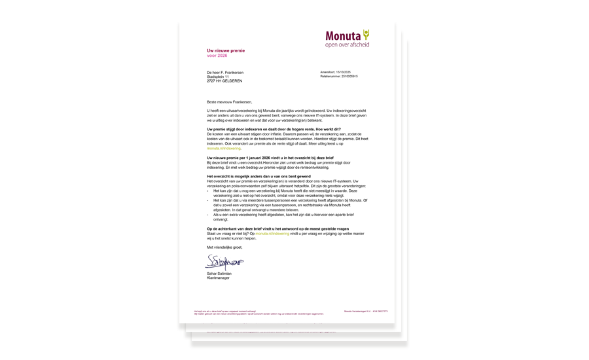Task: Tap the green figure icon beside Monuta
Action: (366, 34)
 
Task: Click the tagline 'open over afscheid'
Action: (347, 45)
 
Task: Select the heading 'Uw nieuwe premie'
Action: (226, 50)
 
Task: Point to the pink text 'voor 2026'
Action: (217, 56)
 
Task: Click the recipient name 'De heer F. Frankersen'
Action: (225, 73)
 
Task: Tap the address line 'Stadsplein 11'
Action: (218, 77)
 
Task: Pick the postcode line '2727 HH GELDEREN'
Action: (224, 81)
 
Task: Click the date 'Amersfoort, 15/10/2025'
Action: (335, 72)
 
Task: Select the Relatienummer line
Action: (338, 76)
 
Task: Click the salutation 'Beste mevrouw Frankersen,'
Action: (229, 102)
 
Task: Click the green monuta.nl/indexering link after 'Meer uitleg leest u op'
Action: (224, 149)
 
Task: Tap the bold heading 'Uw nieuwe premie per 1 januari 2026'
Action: (270, 158)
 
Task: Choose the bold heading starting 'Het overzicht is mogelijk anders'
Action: (259, 177)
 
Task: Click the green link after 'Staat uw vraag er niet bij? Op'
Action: (272, 234)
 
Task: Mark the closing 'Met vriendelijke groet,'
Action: (224, 247)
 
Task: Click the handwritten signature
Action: (223, 262)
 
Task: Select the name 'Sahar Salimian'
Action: (219, 274)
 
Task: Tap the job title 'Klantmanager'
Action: (217, 278)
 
